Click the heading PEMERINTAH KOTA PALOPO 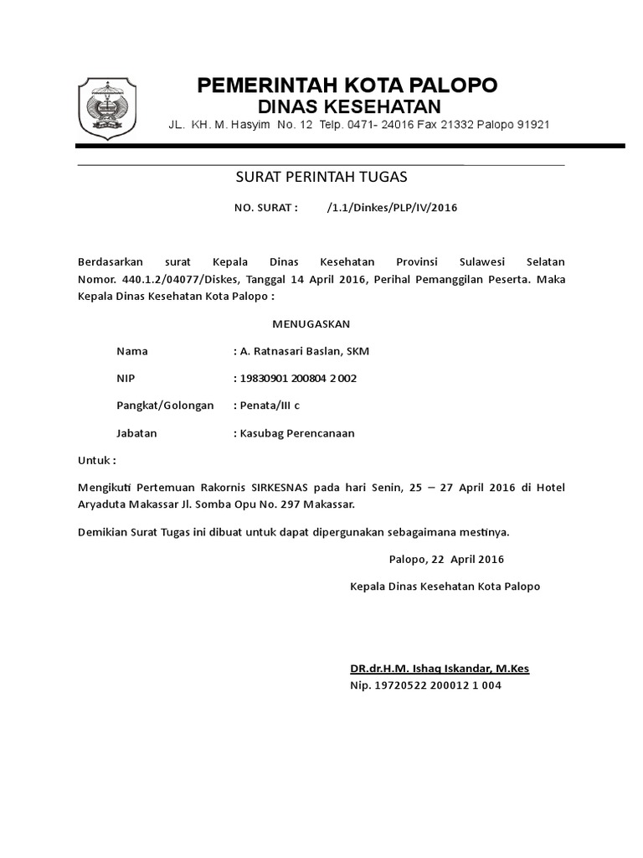[x=347, y=85]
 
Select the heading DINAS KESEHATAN [x=347, y=106]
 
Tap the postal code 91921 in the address [x=532, y=125]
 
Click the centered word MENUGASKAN [x=311, y=323]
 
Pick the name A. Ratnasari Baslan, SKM [x=305, y=351]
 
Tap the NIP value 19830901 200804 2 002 [x=298, y=379]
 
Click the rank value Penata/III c [x=270, y=406]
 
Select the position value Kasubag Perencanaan [x=297, y=433]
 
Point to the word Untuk [x=95, y=461]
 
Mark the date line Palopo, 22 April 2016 [x=446, y=559]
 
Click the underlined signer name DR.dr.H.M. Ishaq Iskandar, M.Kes [x=440, y=669]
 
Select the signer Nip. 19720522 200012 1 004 [x=425, y=685]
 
